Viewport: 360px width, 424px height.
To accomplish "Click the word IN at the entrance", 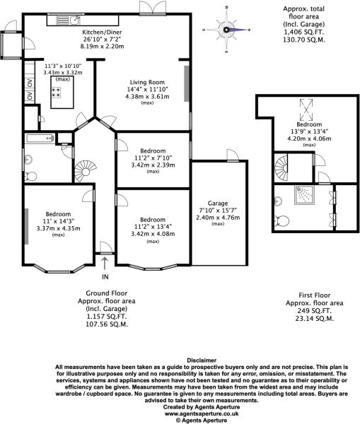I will tap(105, 276).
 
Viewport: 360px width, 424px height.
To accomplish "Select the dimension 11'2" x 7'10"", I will tap(153, 158).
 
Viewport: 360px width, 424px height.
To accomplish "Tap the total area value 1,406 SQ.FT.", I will tap(298, 33).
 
